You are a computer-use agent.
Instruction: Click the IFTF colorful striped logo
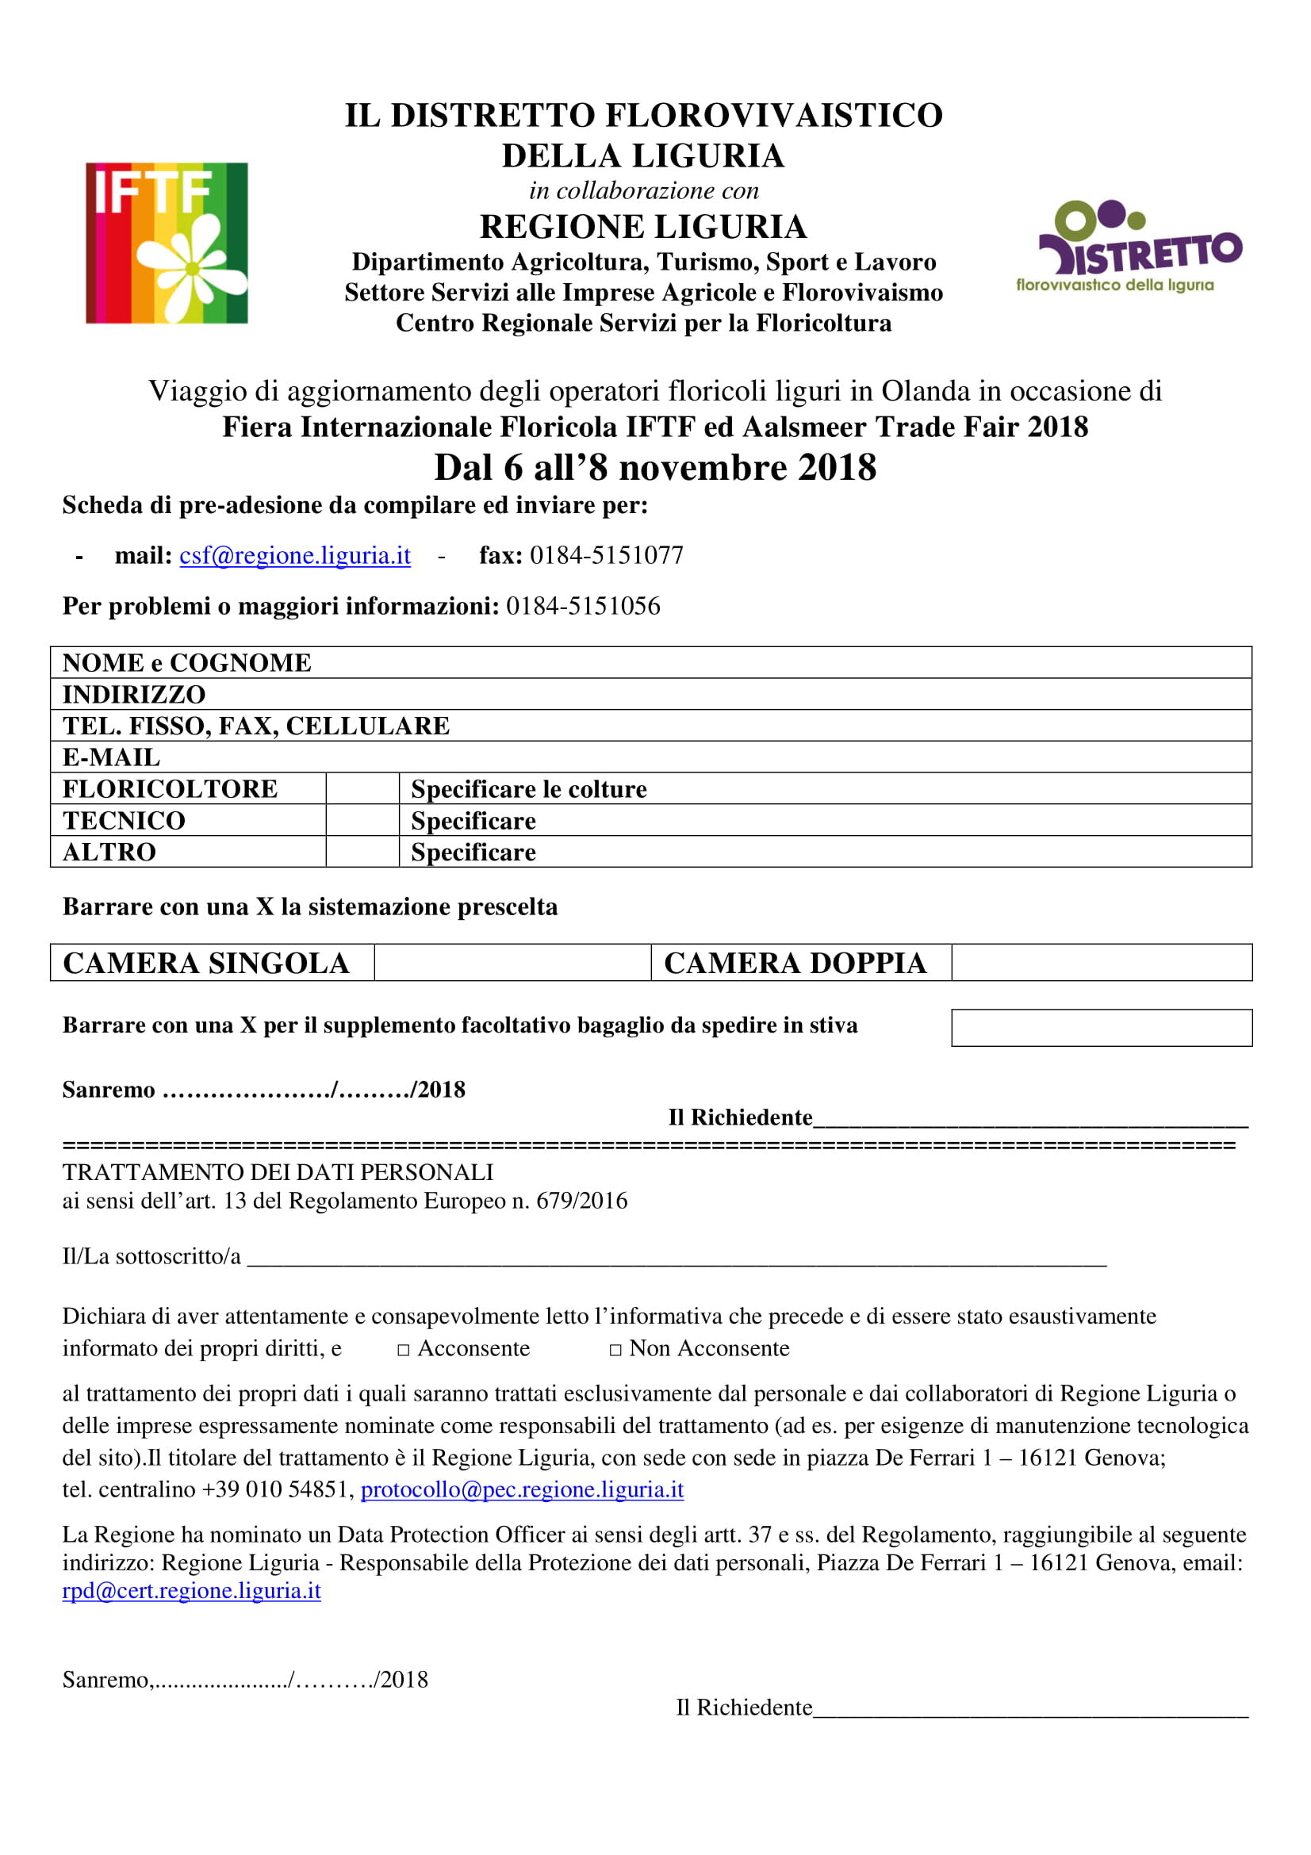pyautogui.click(x=167, y=243)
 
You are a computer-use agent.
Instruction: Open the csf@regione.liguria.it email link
pyautogui.click(x=295, y=556)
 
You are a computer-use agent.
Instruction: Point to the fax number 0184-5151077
pyautogui.click(x=606, y=556)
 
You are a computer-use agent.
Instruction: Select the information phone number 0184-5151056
pyautogui.click(x=582, y=606)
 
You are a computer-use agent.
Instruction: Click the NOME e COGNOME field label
pyautogui.click(x=186, y=663)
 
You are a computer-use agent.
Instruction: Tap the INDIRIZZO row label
pyautogui.click(x=134, y=695)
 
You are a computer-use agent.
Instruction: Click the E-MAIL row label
pyautogui.click(x=112, y=758)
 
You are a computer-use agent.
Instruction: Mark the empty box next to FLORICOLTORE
pyautogui.click(x=362, y=788)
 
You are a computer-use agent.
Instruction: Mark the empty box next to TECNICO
pyautogui.click(x=362, y=820)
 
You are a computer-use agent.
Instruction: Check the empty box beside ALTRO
pyautogui.click(x=362, y=852)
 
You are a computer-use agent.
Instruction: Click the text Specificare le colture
pyautogui.click(x=529, y=789)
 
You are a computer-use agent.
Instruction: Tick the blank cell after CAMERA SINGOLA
pyautogui.click(x=512, y=963)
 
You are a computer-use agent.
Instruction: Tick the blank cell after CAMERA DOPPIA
pyautogui.click(x=1101, y=963)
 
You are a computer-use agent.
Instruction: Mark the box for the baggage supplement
pyautogui.click(x=1101, y=1028)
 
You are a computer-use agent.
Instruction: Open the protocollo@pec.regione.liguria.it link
pyautogui.click(x=522, y=1489)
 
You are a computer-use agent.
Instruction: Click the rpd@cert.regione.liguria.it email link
pyautogui.click(x=191, y=1590)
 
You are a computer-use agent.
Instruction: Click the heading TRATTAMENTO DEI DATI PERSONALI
pyautogui.click(x=278, y=1172)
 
